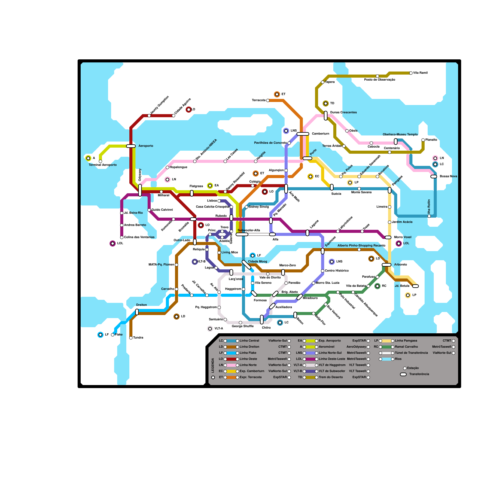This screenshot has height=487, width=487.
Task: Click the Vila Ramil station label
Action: [x=420, y=73]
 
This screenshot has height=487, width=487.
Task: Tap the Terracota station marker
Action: [x=268, y=100]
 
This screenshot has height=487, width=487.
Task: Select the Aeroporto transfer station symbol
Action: [x=131, y=146]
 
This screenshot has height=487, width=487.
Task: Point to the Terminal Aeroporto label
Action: [x=103, y=165]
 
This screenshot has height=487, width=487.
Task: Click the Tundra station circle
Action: [x=131, y=338]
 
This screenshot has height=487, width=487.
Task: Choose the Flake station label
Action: [x=119, y=335]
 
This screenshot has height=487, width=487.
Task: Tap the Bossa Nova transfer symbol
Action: [x=434, y=177]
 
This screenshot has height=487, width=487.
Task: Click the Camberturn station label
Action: [x=321, y=134]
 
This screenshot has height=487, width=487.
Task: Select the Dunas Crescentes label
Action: [x=343, y=113]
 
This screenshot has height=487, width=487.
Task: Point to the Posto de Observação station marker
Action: [x=377, y=76]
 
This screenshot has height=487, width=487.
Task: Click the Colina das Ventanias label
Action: [x=139, y=237]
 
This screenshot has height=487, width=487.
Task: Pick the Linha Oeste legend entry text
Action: [x=248, y=359]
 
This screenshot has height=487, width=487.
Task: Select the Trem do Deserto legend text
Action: [x=331, y=377]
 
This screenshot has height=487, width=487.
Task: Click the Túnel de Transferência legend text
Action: [x=412, y=353]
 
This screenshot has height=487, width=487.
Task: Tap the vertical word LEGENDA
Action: [x=213, y=365]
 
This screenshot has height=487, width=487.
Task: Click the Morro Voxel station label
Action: [x=403, y=237]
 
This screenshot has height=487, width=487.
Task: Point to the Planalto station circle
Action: [x=423, y=140]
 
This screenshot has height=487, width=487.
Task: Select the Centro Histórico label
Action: [x=337, y=271]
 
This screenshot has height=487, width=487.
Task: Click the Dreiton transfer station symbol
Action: [x=137, y=312]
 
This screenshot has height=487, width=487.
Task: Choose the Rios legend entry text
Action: [x=398, y=359]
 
